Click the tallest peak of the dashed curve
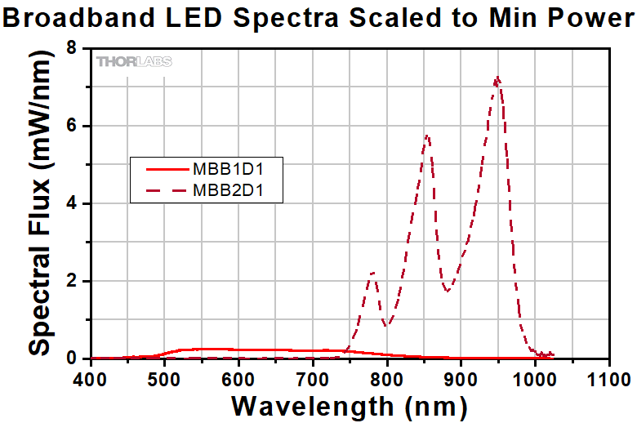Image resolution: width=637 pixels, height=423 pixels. (x=497, y=78)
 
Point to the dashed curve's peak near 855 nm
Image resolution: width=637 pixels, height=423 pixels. (x=426, y=136)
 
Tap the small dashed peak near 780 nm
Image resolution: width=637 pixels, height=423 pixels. (x=372, y=273)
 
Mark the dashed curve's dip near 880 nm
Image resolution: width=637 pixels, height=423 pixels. (x=447, y=291)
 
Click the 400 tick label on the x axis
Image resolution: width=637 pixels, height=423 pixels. (x=91, y=379)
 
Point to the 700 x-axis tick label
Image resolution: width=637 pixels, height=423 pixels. (x=313, y=379)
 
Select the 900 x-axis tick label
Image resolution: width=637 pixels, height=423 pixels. (x=461, y=379)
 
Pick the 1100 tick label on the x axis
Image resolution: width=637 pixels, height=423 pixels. (x=608, y=379)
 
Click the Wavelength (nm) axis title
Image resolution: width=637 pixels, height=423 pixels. (x=350, y=406)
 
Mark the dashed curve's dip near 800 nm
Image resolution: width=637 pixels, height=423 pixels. (x=386, y=324)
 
